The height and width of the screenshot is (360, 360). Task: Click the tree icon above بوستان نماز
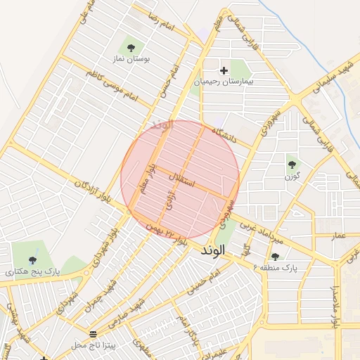tap(131, 48)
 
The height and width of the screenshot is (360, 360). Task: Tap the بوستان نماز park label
tap(131, 61)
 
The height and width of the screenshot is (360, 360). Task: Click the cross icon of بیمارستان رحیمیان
tap(224, 70)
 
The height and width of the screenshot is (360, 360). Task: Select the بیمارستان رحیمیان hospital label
tap(226, 82)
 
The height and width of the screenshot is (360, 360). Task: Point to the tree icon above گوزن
tap(292, 165)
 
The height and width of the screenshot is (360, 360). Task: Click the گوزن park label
tap(292, 177)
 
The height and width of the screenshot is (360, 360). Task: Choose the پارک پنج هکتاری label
tap(34, 269)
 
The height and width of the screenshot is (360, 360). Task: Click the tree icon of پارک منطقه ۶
tap(275, 257)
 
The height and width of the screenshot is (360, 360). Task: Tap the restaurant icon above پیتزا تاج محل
tap(94, 333)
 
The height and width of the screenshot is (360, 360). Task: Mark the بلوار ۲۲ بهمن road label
tap(166, 234)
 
